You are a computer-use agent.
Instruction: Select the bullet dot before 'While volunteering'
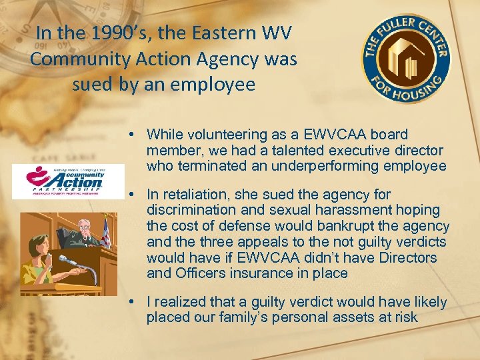click(135, 135)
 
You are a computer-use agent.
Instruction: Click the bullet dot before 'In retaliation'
click(135, 195)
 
